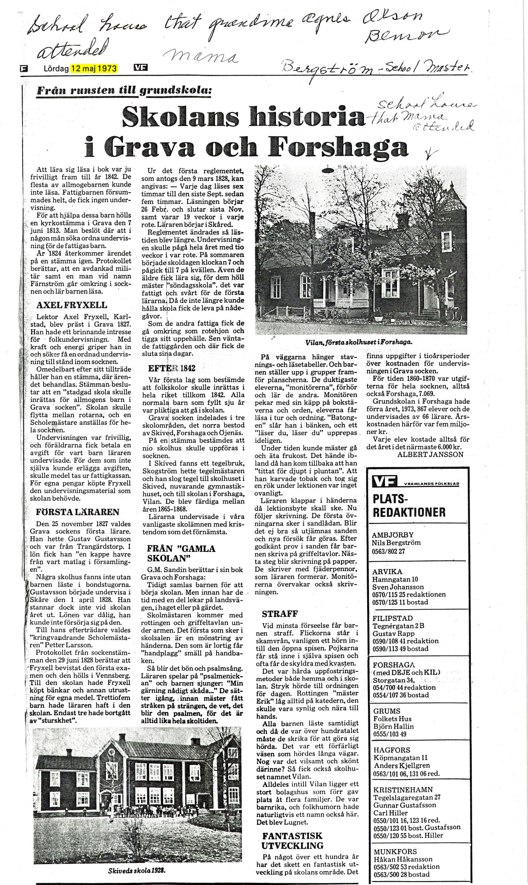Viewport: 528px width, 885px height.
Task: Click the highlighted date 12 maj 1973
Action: coord(95,68)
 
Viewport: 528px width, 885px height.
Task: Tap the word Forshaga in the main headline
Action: coord(338,147)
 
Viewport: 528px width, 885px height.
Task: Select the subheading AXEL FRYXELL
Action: coord(71,306)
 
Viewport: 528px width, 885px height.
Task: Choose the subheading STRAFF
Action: coord(280,614)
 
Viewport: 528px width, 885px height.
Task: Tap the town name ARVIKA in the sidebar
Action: coord(387,572)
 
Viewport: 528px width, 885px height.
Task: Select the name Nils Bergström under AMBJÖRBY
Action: coord(396,543)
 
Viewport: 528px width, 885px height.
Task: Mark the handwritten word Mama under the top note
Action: coord(200,57)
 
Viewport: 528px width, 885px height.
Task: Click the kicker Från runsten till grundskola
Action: coord(125,90)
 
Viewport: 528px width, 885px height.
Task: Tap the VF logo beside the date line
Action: coord(141,67)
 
